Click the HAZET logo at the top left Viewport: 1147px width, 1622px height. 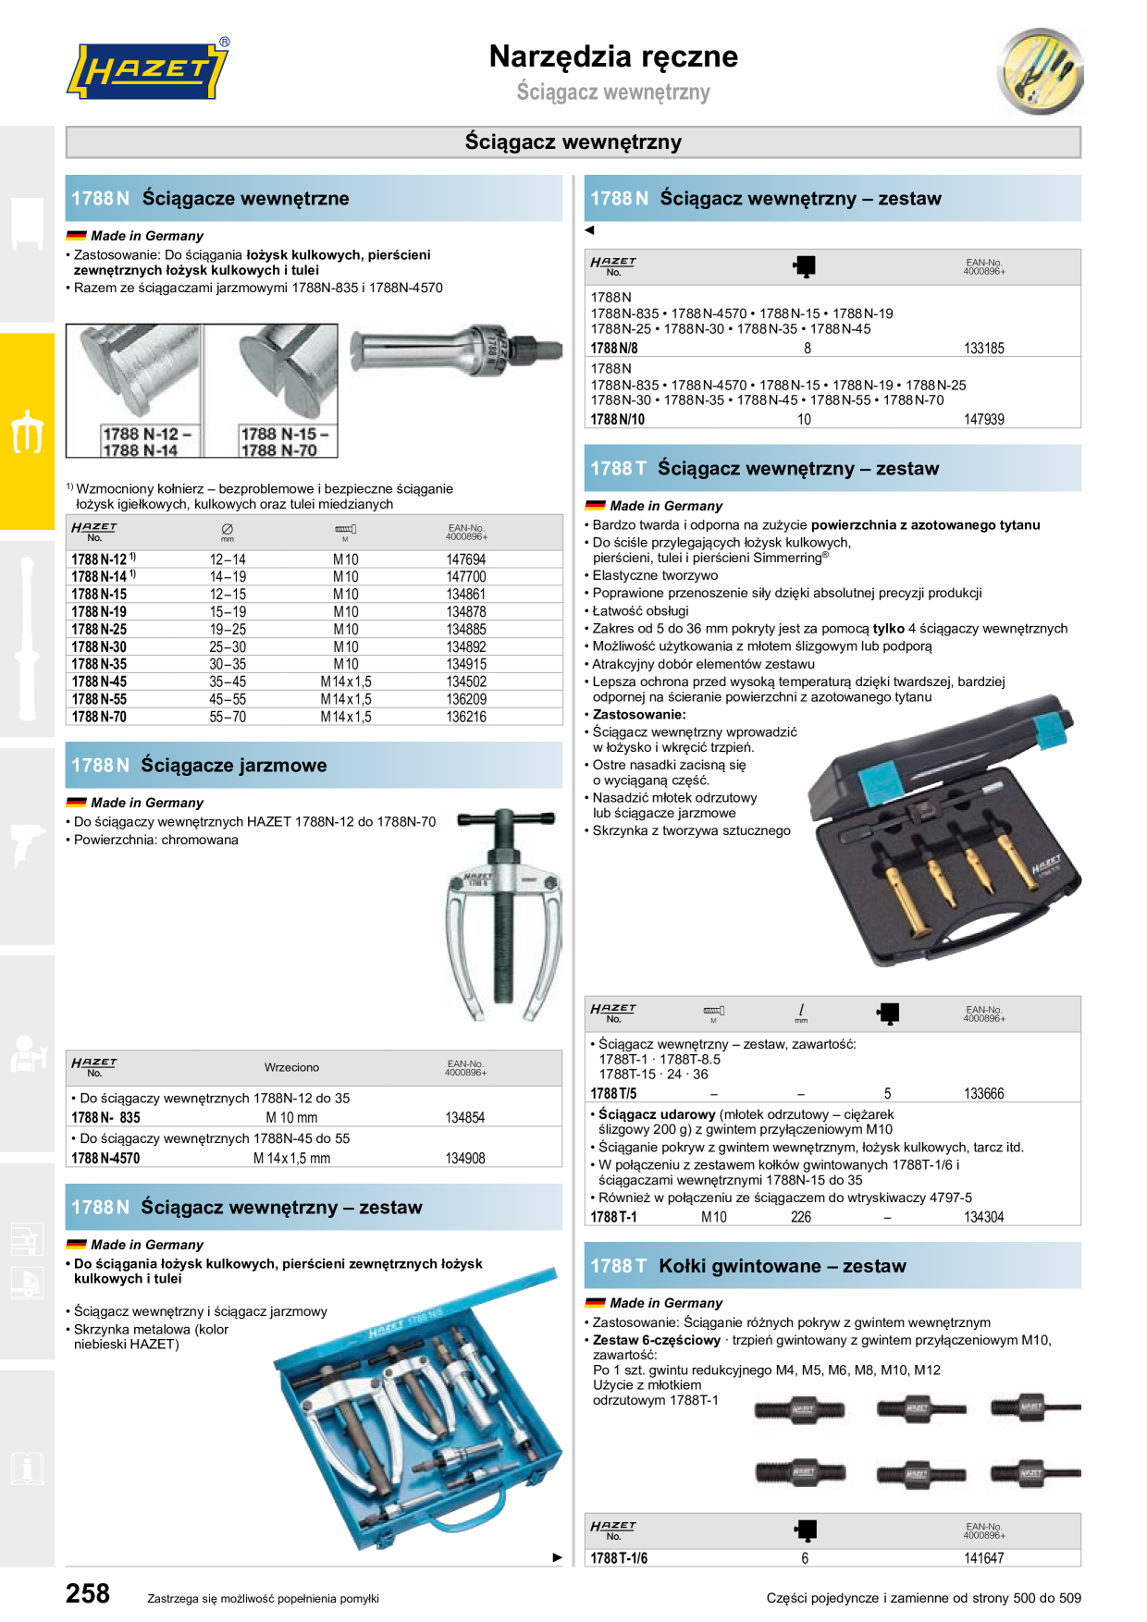click(x=148, y=70)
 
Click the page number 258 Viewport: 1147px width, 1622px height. click(x=88, y=1593)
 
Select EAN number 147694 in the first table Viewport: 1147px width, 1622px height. click(x=466, y=559)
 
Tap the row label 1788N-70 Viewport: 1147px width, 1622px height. click(x=99, y=717)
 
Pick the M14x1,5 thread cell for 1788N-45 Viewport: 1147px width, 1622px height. click(x=346, y=682)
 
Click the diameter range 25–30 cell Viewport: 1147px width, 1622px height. click(x=228, y=646)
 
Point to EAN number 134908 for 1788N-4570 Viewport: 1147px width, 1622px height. click(x=465, y=1158)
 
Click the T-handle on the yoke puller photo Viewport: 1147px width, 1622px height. click(x=504, y=817)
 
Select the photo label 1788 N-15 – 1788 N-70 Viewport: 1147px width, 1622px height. click(x=284, y=442)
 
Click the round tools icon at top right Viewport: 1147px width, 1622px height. click(x=1041, y=71)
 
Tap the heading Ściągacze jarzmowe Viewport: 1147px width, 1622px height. click(x=234, y=766)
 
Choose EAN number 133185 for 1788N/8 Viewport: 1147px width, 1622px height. click(x=984, y=349)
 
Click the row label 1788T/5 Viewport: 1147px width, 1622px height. click(x=613, y=1094)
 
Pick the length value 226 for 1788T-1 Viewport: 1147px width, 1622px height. click(x=801, y=1217)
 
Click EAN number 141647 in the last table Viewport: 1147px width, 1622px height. click(x=984, y=1558)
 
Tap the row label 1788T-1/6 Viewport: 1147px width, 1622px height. click(x=619, y=1558)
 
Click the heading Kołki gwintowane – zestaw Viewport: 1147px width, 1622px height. click(x=783, y=1266)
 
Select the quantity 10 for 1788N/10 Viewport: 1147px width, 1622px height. click(x=805, y=420)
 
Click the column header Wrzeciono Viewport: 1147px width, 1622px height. click(x=291, y=1067)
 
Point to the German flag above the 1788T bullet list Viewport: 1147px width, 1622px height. click(x=595, y=506)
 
